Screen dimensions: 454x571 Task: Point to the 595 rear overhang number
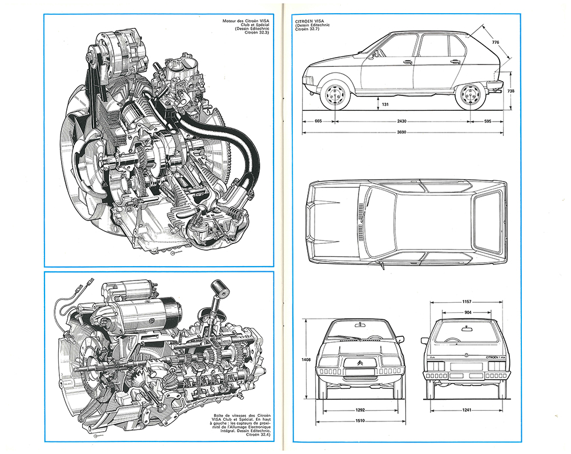coord(488,121)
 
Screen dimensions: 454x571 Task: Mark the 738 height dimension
coord(510,91)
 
